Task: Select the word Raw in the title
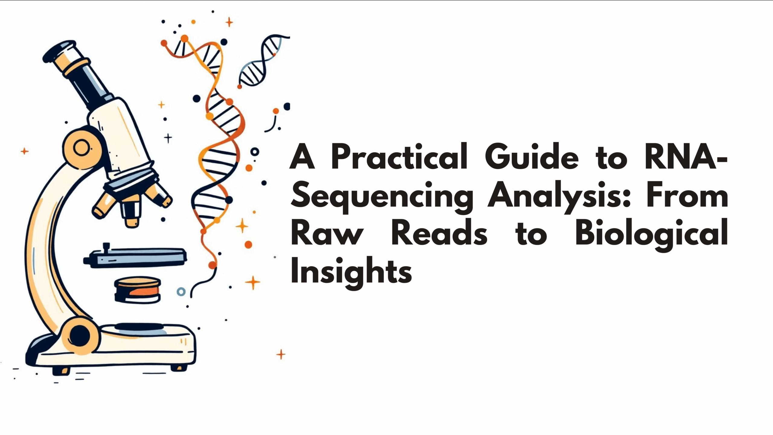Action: tap(327, 234)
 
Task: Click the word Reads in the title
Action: tap(439, 234)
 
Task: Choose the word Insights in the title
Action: tap(351, 272)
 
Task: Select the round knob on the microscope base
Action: tap(80, 335)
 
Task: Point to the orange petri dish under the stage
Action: tap(137, 290)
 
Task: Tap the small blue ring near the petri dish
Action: tap(181, 292)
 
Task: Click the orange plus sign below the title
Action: tap(281, 354)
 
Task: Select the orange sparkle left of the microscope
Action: tap(24, 151)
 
